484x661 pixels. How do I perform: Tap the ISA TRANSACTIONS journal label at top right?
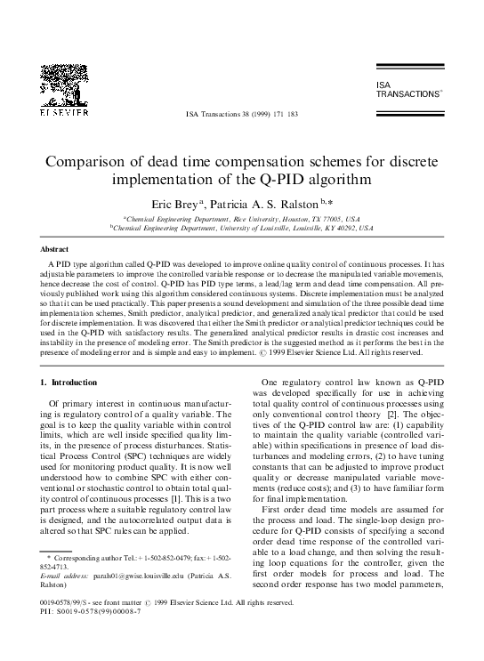(407, 88)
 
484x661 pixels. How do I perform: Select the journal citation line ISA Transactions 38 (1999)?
(240, 116)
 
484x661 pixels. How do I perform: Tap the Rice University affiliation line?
(240, 219)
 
